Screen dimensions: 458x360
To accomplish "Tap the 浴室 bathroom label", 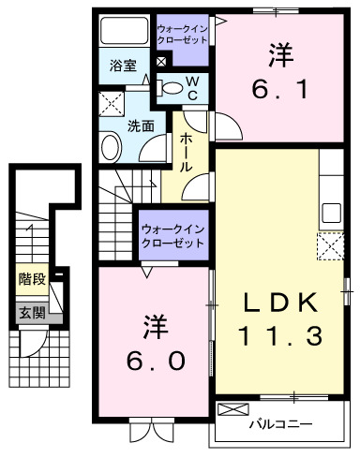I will tap(123, 67).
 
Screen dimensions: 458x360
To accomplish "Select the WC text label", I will tap(190, 89).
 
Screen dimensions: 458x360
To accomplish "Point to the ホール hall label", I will tap(186, 149).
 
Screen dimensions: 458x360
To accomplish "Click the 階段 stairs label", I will tap(30, 279).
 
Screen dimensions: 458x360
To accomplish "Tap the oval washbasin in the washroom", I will tap(112, 148).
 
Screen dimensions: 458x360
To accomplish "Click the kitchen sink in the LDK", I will tap(332, 211).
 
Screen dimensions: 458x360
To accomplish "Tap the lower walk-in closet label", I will tap(172, 235).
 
